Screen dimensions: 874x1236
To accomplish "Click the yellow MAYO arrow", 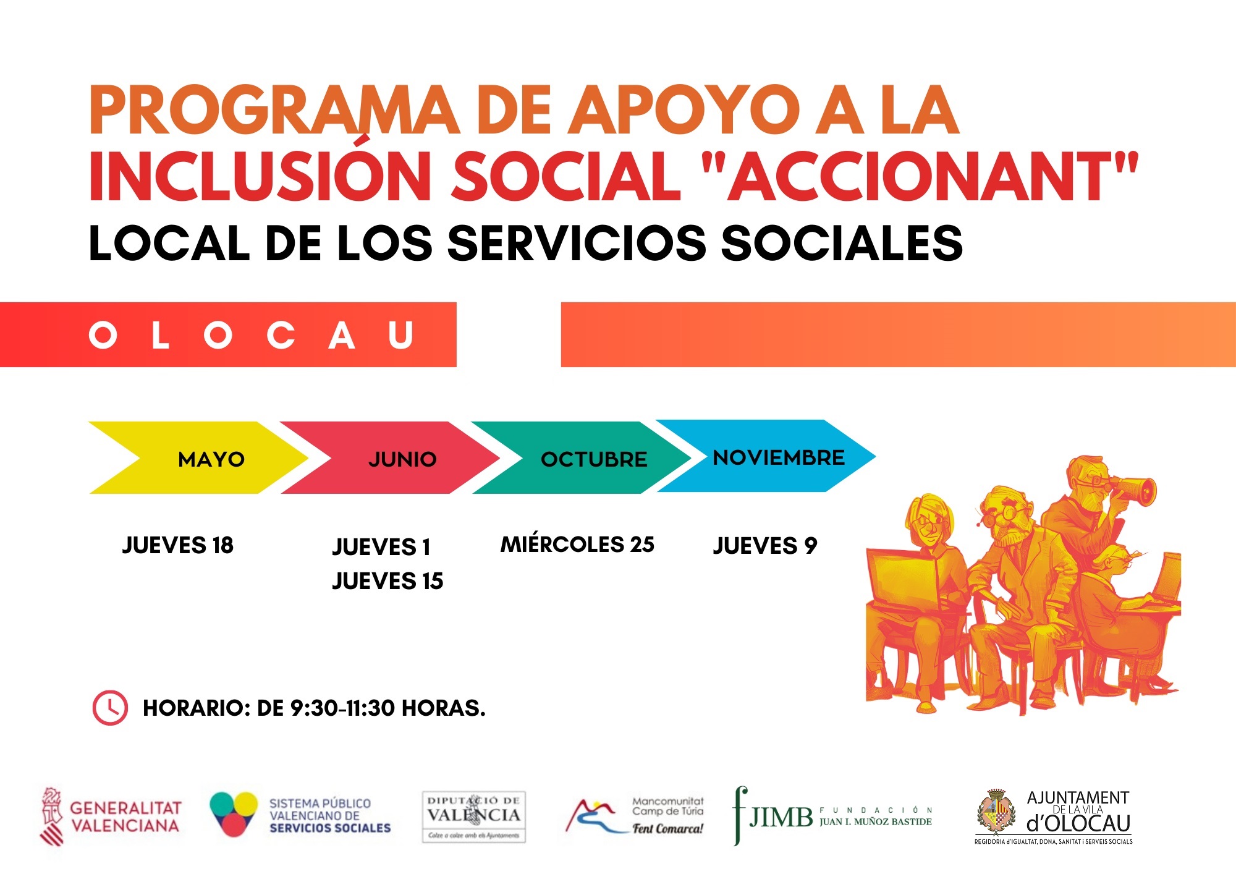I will [x=198, y=458].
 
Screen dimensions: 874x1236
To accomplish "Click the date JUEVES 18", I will [x=178, y=545].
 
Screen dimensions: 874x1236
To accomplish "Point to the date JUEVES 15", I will [x=387, y=581].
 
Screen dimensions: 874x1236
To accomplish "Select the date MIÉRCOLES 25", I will [x=577, y=545].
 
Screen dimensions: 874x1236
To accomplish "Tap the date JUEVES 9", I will [x=765, y=546].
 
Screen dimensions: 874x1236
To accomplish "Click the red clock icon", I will [x=110, y=708].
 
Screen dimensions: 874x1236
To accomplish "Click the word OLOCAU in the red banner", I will [x=251, y=336].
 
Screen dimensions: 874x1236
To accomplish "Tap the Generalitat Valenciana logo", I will [x=111, y=817].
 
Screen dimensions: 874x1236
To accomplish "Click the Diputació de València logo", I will [x=473, y=817].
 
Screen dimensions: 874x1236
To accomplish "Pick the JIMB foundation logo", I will [x=832, y=817].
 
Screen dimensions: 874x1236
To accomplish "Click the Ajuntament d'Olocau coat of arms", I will [x=996, y=812].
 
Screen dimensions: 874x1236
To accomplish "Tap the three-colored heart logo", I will [x=234, y=813].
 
